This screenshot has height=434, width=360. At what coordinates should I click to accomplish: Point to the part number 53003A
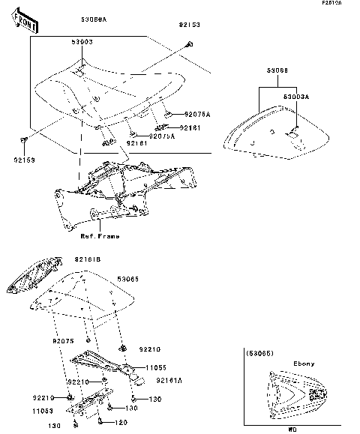(x=296, y=97)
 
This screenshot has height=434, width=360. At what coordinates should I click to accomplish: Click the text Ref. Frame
(x=100, y=235)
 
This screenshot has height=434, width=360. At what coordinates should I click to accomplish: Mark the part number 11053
(x=42, y=412)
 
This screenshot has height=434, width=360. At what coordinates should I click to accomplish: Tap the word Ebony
(x=303, y=364)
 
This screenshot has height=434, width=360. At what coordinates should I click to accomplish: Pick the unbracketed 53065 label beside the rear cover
(x=130, y=278)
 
